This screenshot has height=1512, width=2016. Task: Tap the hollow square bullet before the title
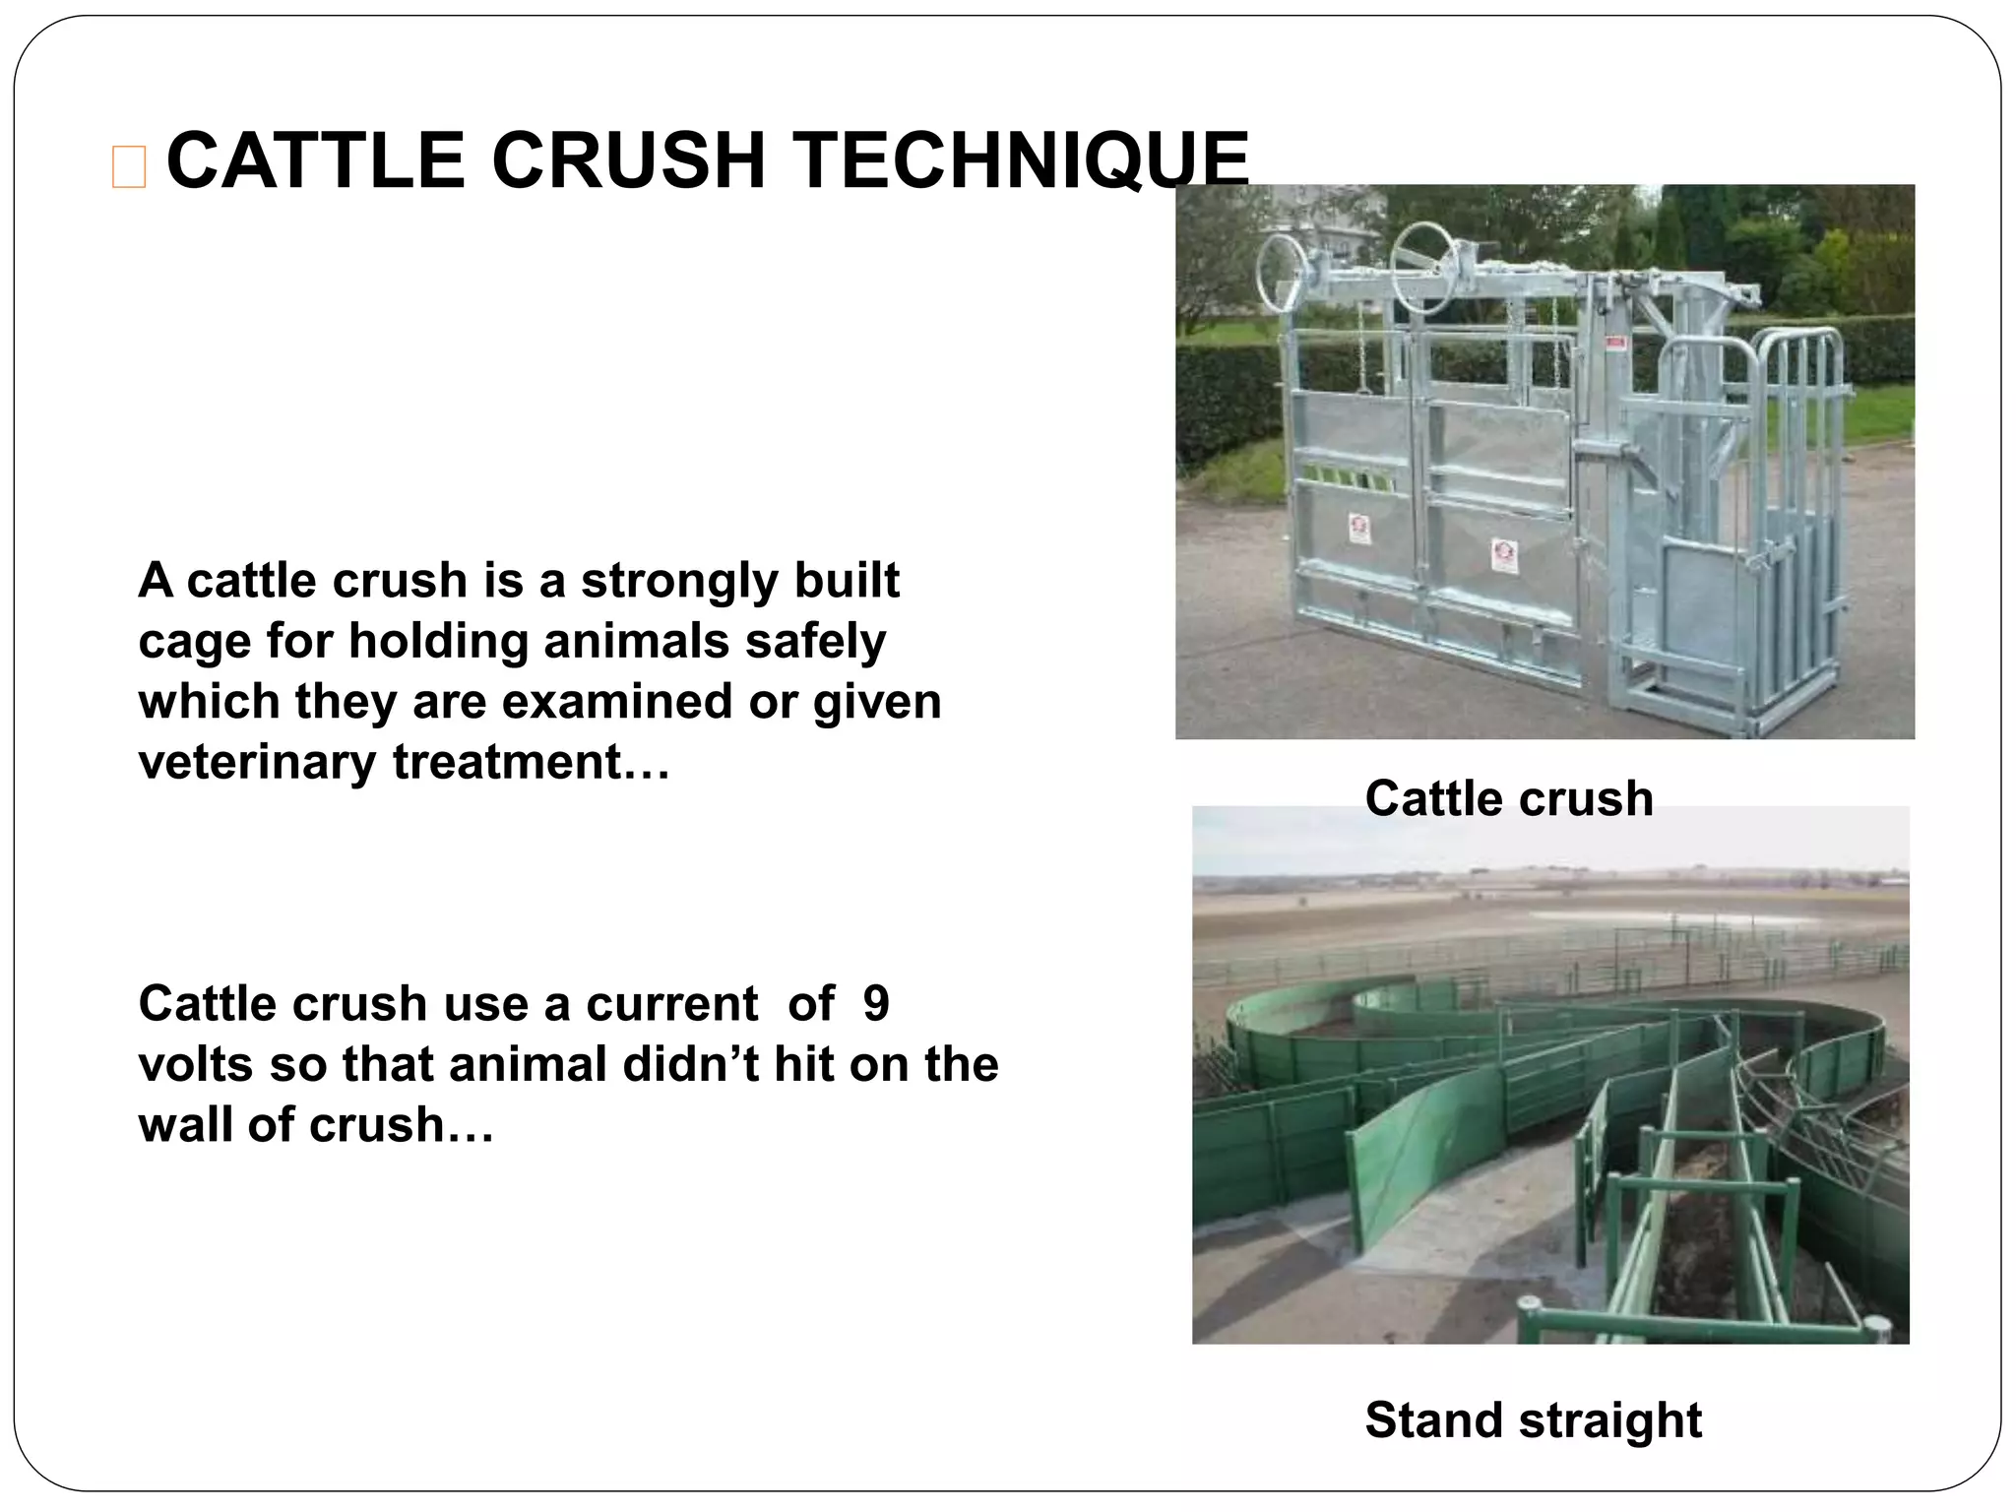[x=129, y=166]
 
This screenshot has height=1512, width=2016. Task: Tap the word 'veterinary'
[x=257, y=763]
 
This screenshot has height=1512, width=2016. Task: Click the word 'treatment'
[x=521, y=762]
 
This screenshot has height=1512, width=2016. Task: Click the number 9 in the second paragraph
[x=875, y=1004]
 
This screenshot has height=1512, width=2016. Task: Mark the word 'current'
[x=671, y=1005]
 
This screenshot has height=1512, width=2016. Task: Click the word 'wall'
[x=185, y=1125]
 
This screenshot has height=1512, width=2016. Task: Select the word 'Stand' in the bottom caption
[x=1434, y=1420]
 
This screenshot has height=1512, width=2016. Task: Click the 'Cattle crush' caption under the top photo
[x=1508, y=798]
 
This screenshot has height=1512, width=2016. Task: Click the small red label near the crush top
[x=1614, y=344]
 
